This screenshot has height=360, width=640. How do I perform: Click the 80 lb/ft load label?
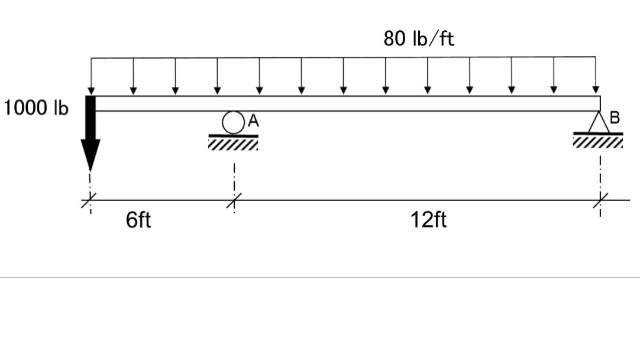click(419, 39)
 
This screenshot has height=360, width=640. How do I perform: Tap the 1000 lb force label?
click(35, 109)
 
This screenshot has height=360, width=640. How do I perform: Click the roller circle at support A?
click(233, 122)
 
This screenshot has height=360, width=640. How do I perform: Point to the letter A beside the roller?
click(253, 121)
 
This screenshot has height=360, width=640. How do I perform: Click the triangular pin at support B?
click(599, 123)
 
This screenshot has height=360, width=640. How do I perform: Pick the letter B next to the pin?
click(615, 117)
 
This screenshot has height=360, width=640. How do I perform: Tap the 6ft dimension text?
click(138, 220)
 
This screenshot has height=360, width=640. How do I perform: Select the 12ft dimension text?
click(428, 220)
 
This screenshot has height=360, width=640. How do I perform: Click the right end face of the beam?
click(600, 103)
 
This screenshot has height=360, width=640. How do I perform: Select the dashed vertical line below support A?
click(234, 177)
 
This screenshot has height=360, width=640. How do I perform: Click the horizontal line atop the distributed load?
click(343, 58)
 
